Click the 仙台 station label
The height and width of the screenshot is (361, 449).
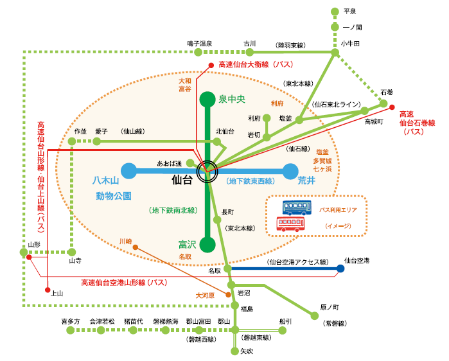click(x=182, y=180)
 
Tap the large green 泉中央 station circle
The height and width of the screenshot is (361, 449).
click(x=207, y=100)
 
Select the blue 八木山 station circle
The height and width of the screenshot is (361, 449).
click(x=129, y=172)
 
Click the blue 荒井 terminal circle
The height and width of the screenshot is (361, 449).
click(x=290, y=172)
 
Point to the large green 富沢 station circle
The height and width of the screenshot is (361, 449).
click(x=207, y=245)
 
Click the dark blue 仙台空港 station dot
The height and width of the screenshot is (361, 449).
click(x=340, y=269)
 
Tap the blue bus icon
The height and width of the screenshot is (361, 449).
click(x=297, y=207)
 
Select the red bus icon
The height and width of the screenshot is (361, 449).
click(x=290, y=224)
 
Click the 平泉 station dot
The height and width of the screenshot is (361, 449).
click(x=335, y=12)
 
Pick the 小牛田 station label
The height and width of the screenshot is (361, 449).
click(x=350, y=44)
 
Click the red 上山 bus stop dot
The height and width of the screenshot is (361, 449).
click(x=48, y=290)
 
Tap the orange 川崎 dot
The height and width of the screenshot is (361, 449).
click(x=136, y=247)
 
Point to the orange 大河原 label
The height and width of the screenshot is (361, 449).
click(x=205, y=295)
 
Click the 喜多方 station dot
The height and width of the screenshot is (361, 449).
click(x=71, y=330)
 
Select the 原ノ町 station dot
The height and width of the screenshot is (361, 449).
click(x=315, y=316)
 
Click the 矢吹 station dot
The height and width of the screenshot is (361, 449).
click(x=235, y=351)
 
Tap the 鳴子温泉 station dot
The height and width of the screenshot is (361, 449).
click(x=198, y=52)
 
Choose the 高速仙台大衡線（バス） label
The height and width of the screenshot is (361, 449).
click(x=256, y=65)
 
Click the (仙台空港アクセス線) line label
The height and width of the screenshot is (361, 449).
click(x=297, y=261)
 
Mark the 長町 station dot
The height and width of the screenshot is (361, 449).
click(x=217, y=220)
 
